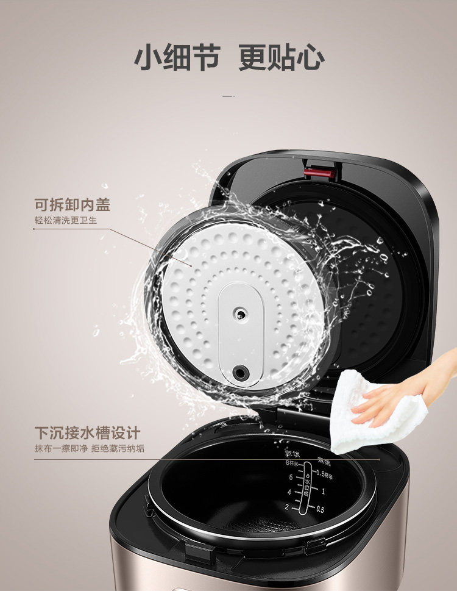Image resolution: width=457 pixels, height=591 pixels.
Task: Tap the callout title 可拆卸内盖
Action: [72, 204]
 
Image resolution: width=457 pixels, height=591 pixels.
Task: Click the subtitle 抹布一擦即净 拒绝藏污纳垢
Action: [90, 450]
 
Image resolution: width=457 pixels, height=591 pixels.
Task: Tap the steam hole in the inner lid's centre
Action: [241, 315]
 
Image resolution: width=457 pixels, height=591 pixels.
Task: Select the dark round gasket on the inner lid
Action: [241, 372]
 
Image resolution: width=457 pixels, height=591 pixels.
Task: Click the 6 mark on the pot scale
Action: [291, 478]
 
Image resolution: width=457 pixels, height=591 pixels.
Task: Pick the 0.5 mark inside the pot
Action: [320, 509]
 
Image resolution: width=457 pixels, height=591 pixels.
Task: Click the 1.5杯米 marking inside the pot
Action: [327, 474]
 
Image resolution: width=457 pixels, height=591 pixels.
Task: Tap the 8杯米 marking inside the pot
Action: [293, 464]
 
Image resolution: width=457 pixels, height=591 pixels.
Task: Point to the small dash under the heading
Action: [228, 96]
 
